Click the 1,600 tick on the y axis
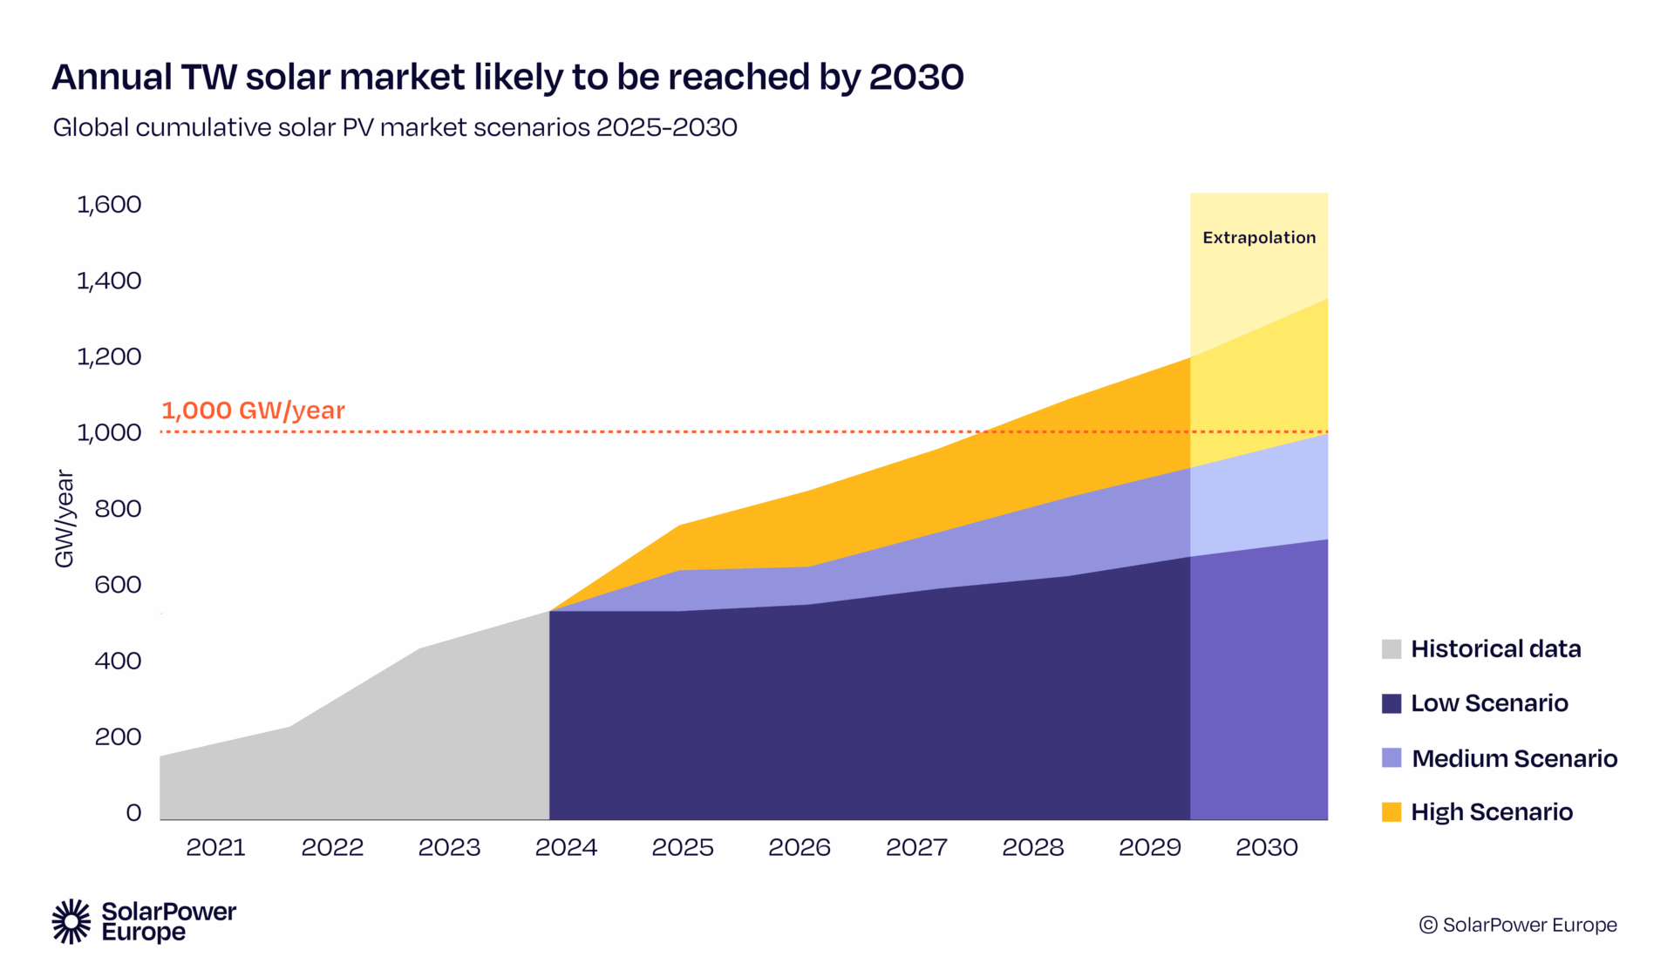point(109,205)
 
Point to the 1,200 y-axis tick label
point(109,356)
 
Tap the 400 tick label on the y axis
point(118,661)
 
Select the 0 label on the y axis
point(133,813)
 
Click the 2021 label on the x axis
point(215,847)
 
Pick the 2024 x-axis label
point(566,847)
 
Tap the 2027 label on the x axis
point(916,847)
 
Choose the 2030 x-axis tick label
point(1266,847)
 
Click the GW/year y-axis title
point(65,519)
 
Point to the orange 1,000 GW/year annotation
point(253,410)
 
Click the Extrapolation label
point(1258,238)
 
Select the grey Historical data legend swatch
point(1392,649)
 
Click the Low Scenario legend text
point(1489,703)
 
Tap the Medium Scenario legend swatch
point(1392,758)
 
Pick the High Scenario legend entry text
point(1492,812)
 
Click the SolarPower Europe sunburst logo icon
point(71,921)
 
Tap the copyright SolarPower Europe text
point(1518,925)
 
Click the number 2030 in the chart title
point(915,78)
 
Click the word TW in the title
point(209,78)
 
